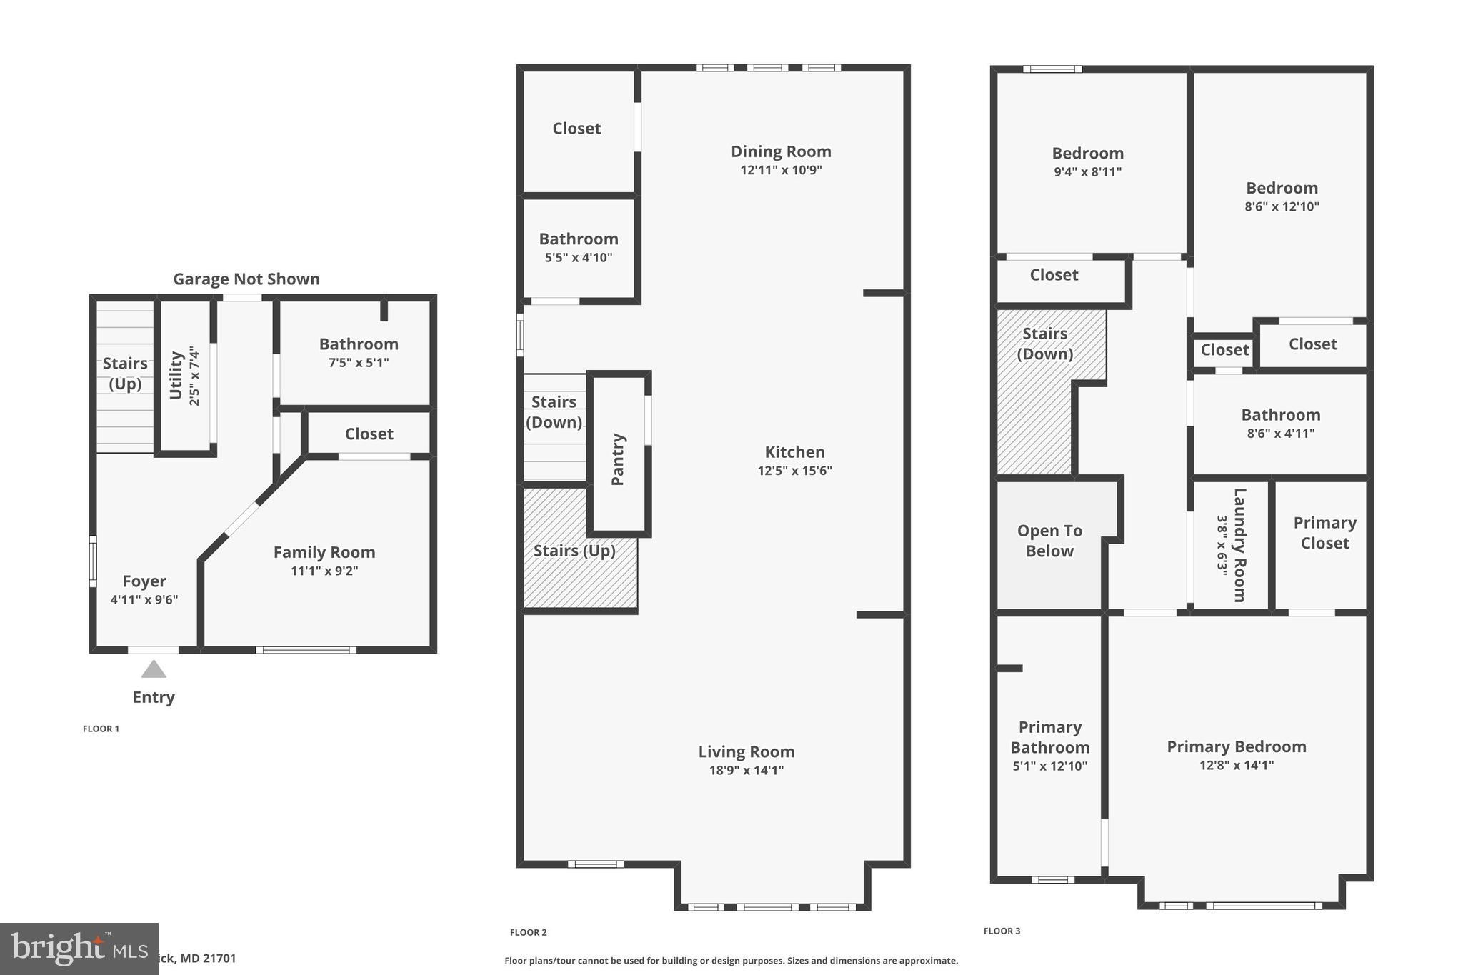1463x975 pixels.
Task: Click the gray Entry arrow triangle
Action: click(154, 670)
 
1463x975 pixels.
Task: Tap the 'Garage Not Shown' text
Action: click(246, 279)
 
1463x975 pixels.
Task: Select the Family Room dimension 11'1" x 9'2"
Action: click(324, 571)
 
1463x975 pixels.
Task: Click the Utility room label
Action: click(176, 376)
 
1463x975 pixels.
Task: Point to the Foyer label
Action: click(144, 581)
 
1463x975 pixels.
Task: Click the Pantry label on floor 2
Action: click(619, 459)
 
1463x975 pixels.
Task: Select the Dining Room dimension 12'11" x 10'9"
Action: click(781, 170)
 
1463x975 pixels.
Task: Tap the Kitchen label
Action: click(794, 452)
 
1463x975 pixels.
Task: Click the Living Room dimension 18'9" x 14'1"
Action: click(747, 770)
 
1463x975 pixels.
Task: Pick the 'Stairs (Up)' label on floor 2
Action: click(574, 551)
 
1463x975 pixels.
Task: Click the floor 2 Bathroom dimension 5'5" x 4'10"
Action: click(579, 258)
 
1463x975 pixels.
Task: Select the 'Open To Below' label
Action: click(1049, 541)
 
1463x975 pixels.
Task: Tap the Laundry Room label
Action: click(1240, 545)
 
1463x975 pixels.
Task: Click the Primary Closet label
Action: click(1324, 533)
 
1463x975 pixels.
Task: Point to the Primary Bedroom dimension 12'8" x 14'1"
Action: click(1237, 765)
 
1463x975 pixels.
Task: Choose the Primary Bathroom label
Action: click(1049, 737)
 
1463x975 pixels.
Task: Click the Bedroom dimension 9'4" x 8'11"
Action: click(1087, 171)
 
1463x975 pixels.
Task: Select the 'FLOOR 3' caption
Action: click(1002, 931)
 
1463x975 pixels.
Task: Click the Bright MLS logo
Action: click(79, 948)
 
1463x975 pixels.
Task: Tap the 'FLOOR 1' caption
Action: click(101, 729)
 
